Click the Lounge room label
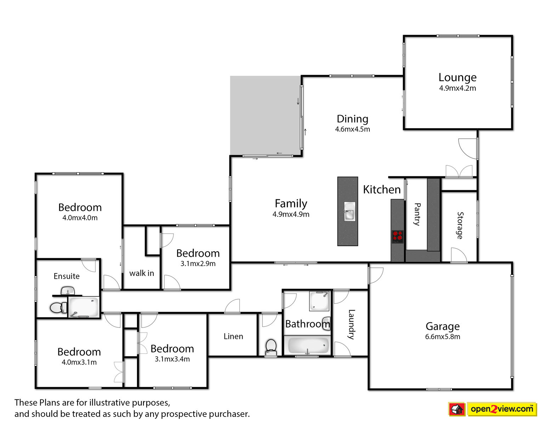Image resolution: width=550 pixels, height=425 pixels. tap(457, 78)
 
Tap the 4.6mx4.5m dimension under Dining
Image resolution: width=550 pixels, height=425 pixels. tap(352, 129)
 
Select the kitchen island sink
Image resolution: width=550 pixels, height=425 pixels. tap(349, 211)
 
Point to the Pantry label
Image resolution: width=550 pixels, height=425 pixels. tap(417, 214)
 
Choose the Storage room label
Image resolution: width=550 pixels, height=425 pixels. tap(460, 225)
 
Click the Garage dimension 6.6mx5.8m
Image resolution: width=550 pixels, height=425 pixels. tap(442, 337)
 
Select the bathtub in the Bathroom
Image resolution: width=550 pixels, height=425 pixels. tap(308, 345)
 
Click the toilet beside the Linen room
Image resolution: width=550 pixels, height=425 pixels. tap(271, 347)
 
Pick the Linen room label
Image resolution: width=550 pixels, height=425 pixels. tap(233, 336)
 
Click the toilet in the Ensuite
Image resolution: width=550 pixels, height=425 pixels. tap(58, 307)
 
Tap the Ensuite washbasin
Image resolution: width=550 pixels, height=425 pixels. tap(68, 290)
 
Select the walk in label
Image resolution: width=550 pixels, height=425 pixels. tap(142, 273)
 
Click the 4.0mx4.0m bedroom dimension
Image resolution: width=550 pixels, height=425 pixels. tap(80, 218)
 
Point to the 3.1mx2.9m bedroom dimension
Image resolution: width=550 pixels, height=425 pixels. tap(198, 263)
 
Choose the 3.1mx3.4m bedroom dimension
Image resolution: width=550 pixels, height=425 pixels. tap(172, 359)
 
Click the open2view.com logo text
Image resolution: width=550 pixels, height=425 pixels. tap(502, 409)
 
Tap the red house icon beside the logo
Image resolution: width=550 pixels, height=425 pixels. tap(457, 409)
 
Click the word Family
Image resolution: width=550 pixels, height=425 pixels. tap(291, 203)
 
